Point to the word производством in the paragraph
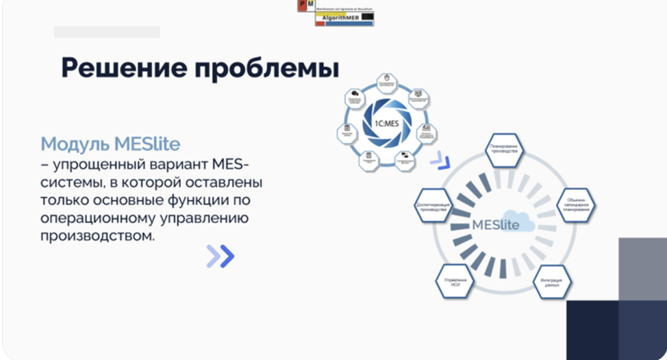(x=97, y=236)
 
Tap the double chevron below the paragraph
(x=221, y=256)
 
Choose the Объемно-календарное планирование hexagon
(x=574, y=204)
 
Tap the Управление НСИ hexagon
(x=453, y=281)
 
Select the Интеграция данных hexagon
(x=552, y=281)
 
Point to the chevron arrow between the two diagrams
(x=440, y=162)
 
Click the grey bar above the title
(x=107, y=31)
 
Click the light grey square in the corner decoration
(x=642, y=268)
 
